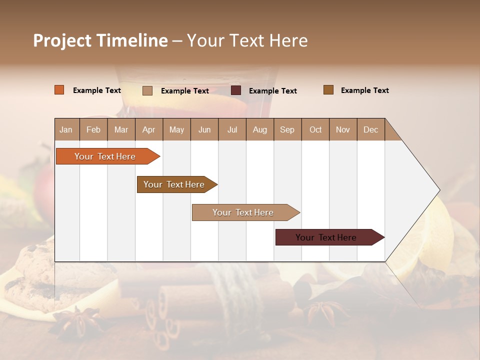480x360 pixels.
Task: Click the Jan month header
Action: [x=66, y=129]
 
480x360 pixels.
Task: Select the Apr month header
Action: [x=148, y=129]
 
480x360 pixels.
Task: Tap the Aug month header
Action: [x=259, y=129]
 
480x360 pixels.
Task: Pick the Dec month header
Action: [x=370, y=129]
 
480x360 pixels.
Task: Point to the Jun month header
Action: [x=204, y=129]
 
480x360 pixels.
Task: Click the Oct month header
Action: [x=315, y=129]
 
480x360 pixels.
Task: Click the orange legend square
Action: [x=59, y=90]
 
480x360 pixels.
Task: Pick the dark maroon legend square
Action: [x=236, y=90]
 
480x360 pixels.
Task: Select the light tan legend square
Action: [x=147, y=90]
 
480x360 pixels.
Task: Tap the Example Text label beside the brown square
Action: [x=364, y=90]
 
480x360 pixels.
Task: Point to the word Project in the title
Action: [x=62, y=40]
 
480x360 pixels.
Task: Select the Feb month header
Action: [x=93, y=129]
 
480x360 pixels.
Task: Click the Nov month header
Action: [x=342, y=129]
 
